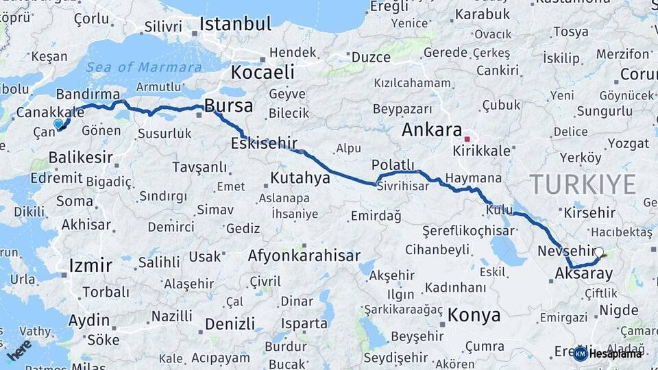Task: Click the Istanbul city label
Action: coord(235,24)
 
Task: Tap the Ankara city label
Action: coord(431,129)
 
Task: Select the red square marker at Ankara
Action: coord(467,138)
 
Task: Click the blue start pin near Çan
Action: coord(58,124)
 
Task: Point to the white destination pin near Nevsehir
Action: coord(599,253)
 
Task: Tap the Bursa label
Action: coord(229,106)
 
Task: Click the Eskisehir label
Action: coord(264,143)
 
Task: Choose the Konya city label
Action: coord(474,315)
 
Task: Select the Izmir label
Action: coord(90,265)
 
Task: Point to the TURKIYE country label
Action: coord(583,184)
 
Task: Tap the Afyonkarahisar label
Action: coord(304,256)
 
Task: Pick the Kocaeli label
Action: coord(263,72)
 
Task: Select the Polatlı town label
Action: coord(393,165)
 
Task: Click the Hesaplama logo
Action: coord(608,354)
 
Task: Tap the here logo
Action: coord(19,349)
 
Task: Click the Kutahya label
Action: coord(300,178)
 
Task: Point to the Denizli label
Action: coord(230,323)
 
